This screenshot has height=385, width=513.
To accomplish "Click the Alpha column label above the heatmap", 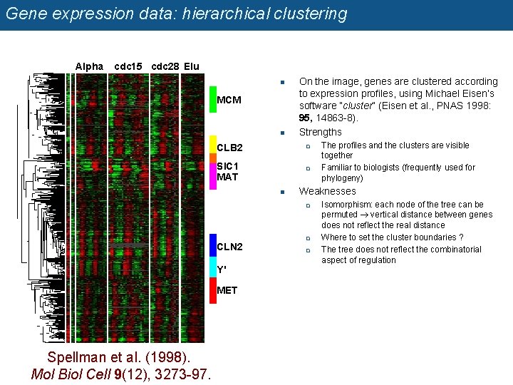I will (89, 66).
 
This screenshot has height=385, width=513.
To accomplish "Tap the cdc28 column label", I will (165, 66).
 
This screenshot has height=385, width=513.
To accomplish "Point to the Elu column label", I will (191, 66).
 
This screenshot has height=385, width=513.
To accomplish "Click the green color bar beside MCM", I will (212, 100).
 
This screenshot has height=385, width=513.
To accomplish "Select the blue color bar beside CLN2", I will (212, 246).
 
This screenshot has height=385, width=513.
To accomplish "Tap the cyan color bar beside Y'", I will (212, 268).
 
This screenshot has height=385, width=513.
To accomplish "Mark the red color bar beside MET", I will (212, 290).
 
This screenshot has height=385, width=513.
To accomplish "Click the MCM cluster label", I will (229, 100).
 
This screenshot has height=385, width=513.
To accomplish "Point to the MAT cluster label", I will (227, 177).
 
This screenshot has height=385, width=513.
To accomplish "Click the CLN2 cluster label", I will (229, 247).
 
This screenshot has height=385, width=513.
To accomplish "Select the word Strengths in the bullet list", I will (320, 132).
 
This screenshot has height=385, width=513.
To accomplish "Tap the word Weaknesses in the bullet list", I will (327, 191).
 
